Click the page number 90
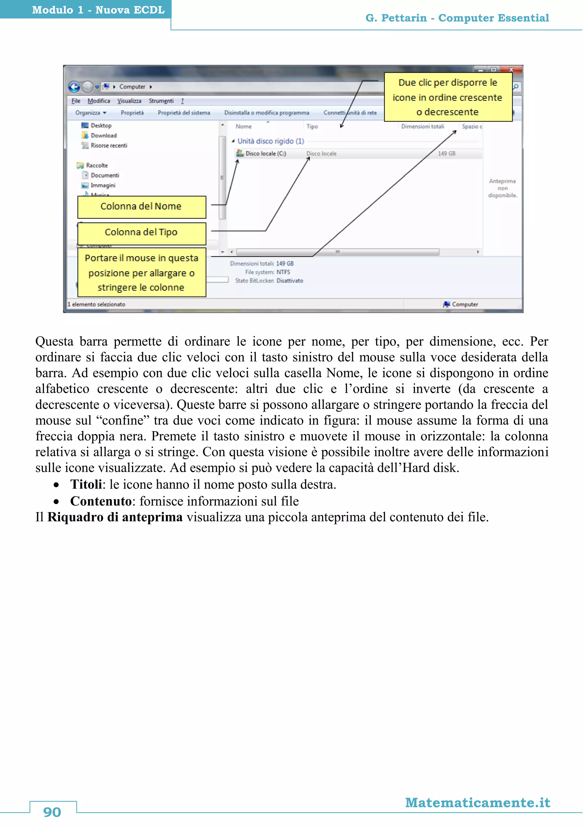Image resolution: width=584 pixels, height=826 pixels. pyautogui.click(x=52, y=812)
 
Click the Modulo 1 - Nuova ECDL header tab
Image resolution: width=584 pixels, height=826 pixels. pyautogui.click(x=98, y=10)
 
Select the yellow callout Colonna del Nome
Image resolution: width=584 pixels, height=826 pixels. pyautogui.click(x=141, y=207)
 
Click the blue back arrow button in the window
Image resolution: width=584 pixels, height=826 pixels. pyautogui.click(x=74, y=87)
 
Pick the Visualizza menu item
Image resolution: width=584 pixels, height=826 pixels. pyautogui.click(x=129, y=101)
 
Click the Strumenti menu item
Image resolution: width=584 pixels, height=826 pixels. pyautogui.click(x=161, y=101)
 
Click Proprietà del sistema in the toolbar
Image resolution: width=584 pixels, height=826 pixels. pyautogui.click(x=184, y=113)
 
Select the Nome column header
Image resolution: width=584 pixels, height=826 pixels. pyautogui.click(x=244, y=127)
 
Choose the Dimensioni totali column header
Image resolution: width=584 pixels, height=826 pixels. pyautogui.click(x=423, y=127)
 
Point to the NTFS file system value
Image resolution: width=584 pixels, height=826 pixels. pyautogui.click(x=283, y=272)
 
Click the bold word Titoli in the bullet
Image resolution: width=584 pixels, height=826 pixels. pyautogui.click(x=86, y=485)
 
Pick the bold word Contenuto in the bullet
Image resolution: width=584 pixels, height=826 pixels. pyautogui.click(x=101, y=501)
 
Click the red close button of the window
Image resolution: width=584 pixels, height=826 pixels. pyautogui.click(x=511, y=69)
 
